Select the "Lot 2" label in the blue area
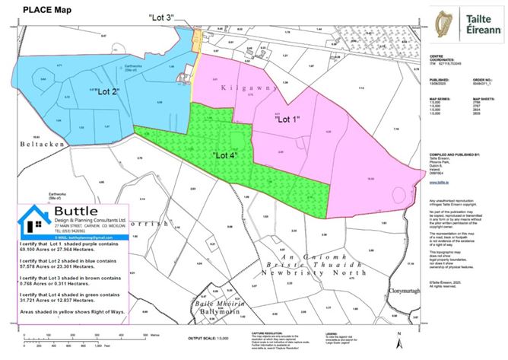103,92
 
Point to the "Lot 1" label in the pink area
288,119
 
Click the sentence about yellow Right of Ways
71,311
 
